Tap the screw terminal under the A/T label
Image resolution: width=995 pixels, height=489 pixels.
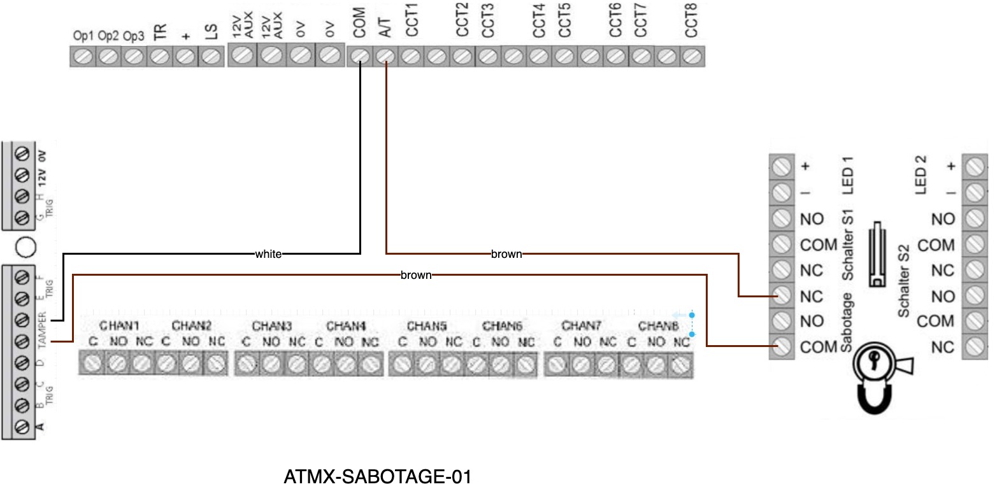click(385, 56)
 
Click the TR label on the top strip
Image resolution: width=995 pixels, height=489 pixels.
click(161, 32)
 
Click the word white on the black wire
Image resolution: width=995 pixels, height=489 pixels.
click(268, 254)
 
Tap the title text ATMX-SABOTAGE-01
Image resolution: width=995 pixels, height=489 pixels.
click(377, 477)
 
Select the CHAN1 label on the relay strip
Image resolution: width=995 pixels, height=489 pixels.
click(119, 326)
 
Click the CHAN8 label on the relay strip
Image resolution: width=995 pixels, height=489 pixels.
click(655, 326)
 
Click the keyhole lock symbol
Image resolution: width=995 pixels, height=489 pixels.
click(876, 363)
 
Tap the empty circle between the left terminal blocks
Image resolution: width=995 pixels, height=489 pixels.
click(24, 246)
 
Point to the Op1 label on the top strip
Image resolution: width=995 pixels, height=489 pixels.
click(83, 36)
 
